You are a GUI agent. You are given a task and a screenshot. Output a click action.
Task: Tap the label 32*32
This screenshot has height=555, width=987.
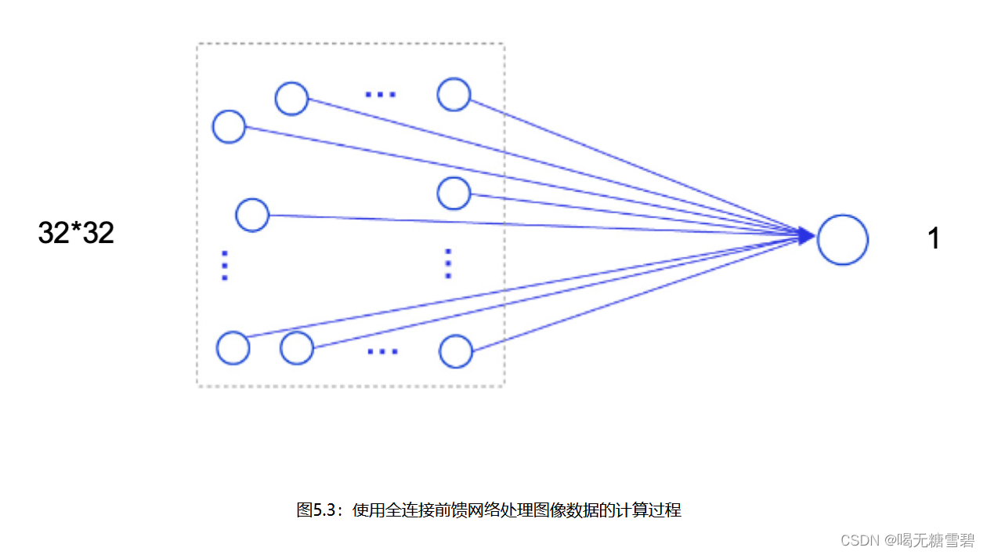point(76,232)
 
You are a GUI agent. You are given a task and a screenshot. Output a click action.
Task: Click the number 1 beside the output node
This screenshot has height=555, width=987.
point(933,238)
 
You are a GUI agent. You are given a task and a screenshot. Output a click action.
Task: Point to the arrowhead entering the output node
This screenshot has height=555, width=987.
point(806,235)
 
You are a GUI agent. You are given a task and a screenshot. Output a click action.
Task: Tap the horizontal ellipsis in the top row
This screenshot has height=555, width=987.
point(381,94)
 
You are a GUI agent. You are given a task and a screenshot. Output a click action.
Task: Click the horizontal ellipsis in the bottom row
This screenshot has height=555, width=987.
point(383,351)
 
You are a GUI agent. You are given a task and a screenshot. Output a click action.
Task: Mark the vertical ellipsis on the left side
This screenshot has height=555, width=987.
point(225,266)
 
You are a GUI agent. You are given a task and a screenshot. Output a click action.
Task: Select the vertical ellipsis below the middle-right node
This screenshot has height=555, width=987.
point(448,263)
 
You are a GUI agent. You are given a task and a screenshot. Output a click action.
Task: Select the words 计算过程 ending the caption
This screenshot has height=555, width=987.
point(649,510)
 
